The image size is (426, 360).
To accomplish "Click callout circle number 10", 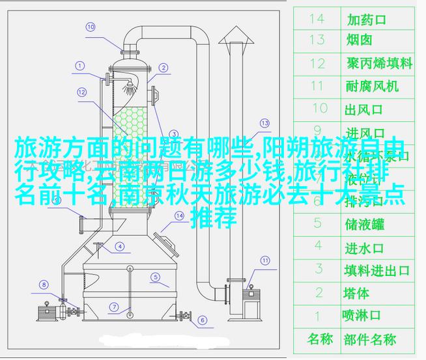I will [91, 27].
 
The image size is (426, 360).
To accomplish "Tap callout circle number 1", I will [80, 66].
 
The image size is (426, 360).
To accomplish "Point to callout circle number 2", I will [163, 67].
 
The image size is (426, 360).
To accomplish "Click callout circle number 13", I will [264, 122].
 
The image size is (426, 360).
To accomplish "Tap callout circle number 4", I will [120, 247].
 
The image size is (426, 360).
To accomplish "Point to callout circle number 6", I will [202, 320].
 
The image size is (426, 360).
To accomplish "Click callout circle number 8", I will [43, 284].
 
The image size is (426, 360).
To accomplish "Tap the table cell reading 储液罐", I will [364, 225].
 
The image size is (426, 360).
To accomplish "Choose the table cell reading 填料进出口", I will [377, 270].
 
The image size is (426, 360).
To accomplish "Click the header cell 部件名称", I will [370, 339].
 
